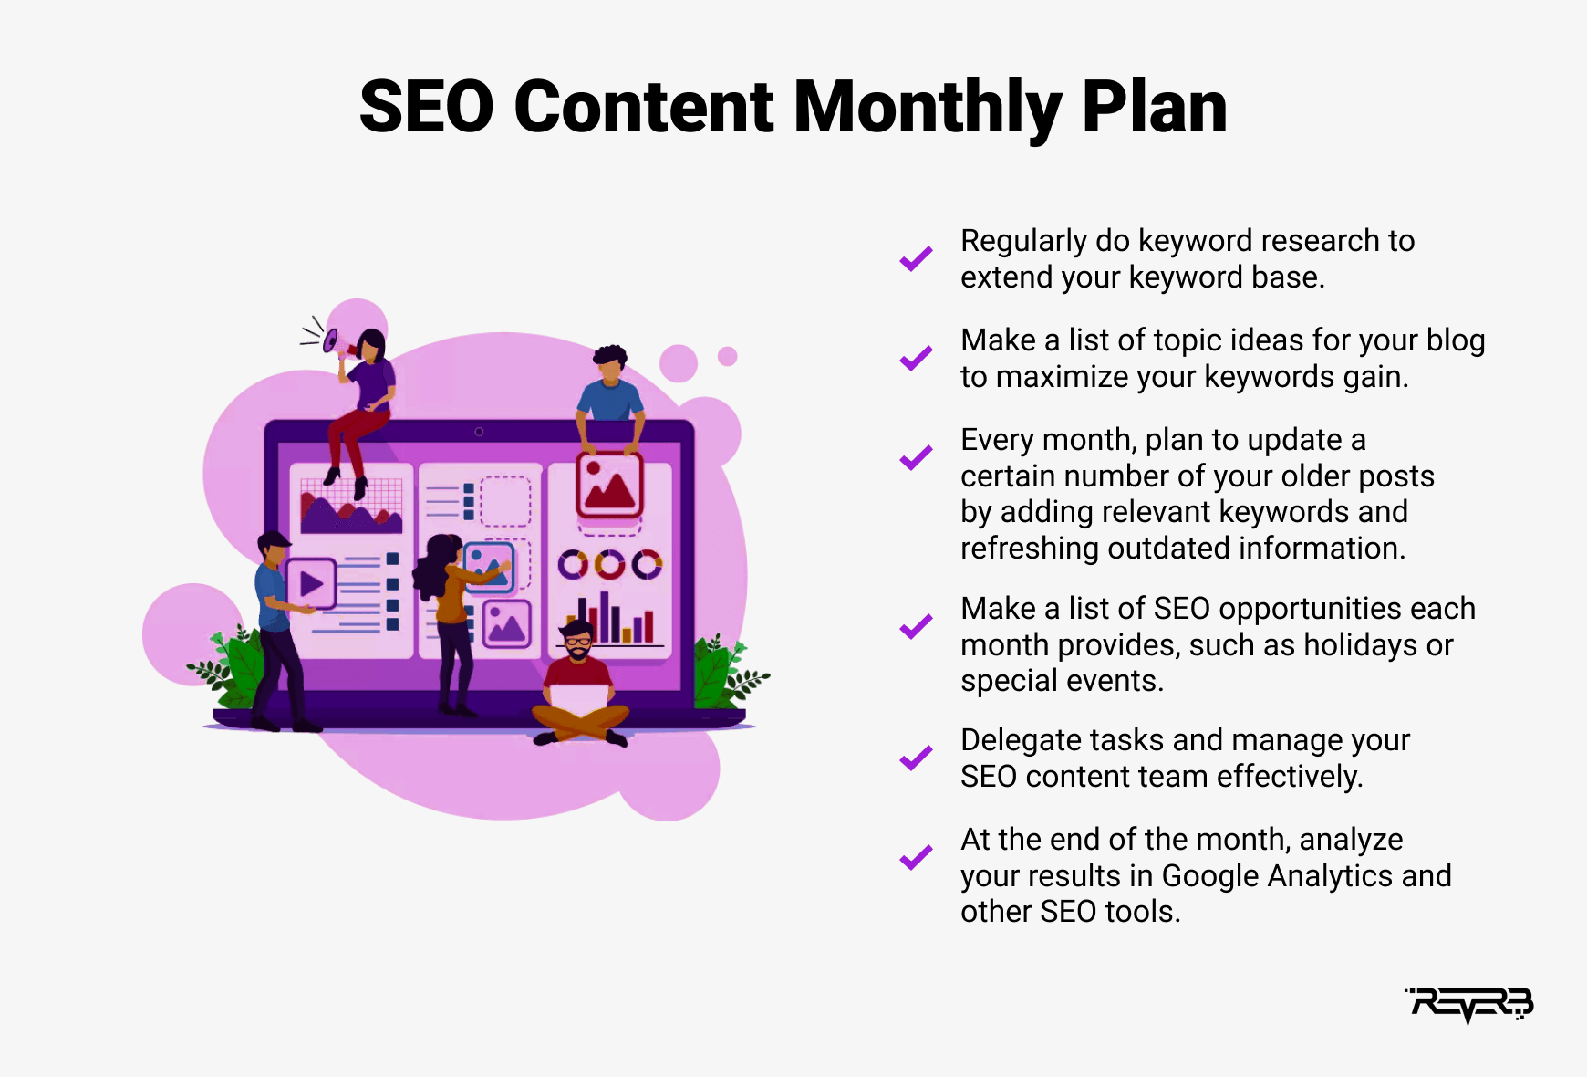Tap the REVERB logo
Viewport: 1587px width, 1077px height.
pos(1469,1005)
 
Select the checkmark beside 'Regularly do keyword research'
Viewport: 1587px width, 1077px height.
pos(916,259)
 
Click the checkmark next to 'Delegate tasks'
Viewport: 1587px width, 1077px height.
pos(916,758)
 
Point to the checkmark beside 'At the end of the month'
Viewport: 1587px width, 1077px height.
pos(916,858)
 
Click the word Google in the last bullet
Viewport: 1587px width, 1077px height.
pos(1210,876)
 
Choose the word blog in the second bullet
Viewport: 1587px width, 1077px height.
pos(1456,340)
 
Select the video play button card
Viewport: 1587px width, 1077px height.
pos(312,583)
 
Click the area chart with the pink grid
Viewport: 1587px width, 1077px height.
pos(351,506)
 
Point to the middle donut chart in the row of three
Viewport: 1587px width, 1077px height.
pos(610,565)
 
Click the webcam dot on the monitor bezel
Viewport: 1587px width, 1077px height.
pos(479,432)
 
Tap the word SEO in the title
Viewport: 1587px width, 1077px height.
pos(427,109)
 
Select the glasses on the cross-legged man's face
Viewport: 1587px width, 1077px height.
pos(578,642)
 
